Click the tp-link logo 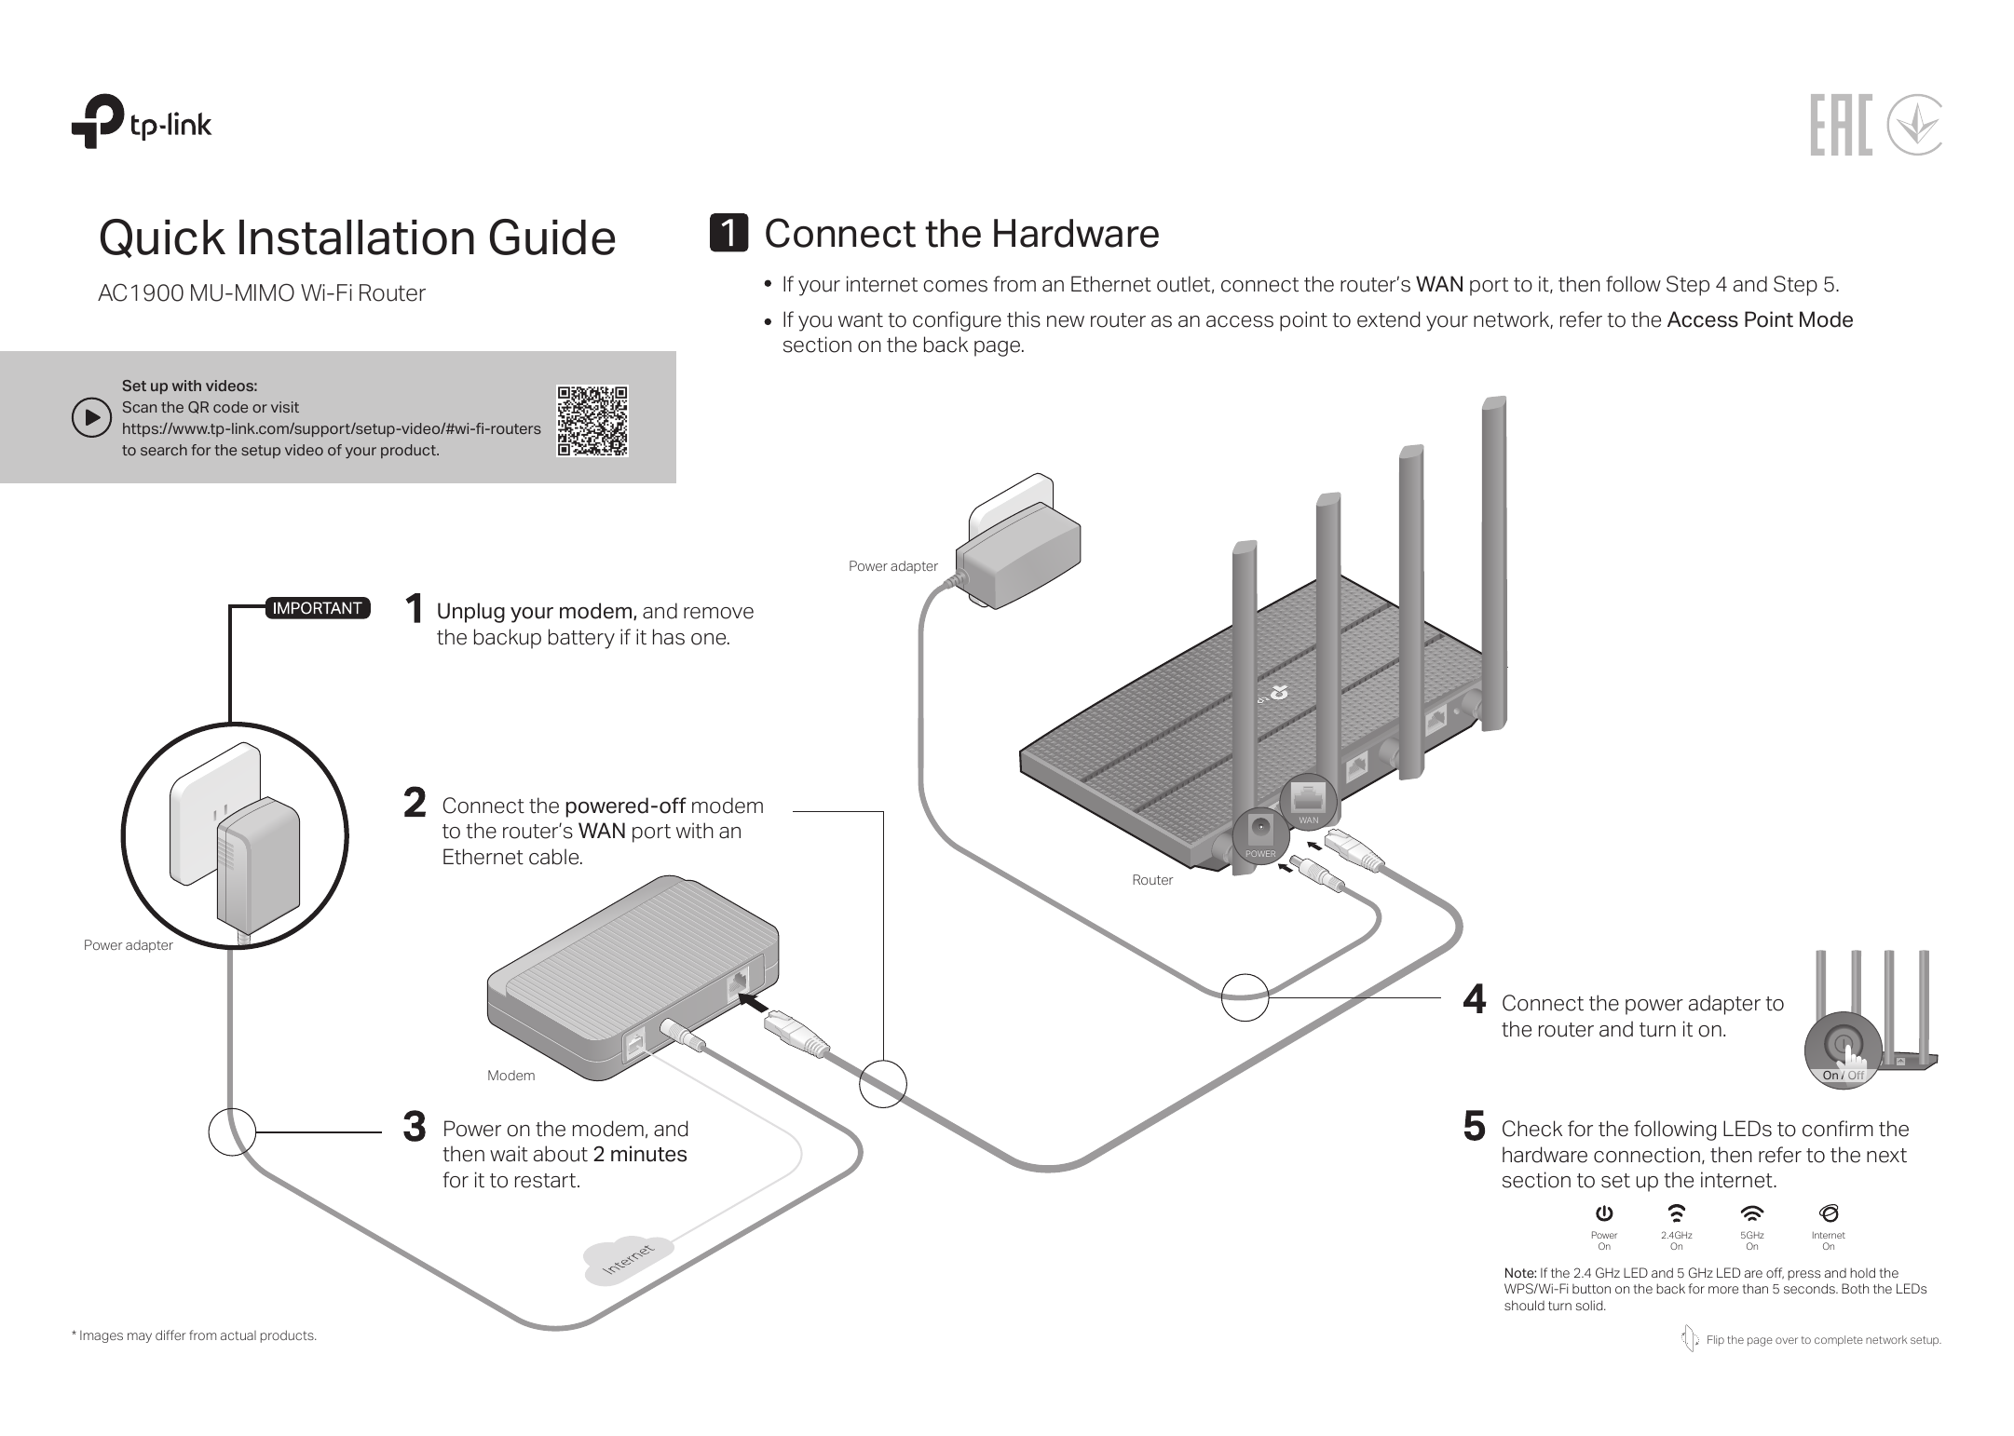tap(142, 122)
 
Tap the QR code tap(592, 420)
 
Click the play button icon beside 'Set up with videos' tap(91, 418)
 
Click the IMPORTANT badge tap(317, 608)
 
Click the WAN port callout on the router tap(1309, 800)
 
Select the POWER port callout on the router tap(1260, 834)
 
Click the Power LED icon tap(1603, 1213)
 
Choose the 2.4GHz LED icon tap(1676, 1213)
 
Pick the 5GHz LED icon tap(1751, 1213)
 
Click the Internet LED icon tap(1828, 1213)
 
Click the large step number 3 tap(415, 1128)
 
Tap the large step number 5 tap(1474, 1127)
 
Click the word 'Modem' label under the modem tap(511, 1076)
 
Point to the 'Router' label tap(1152, 880)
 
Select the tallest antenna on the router tap(1493, 559)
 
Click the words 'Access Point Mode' tap(1759, 320)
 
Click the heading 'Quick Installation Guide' tap(357, 237)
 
